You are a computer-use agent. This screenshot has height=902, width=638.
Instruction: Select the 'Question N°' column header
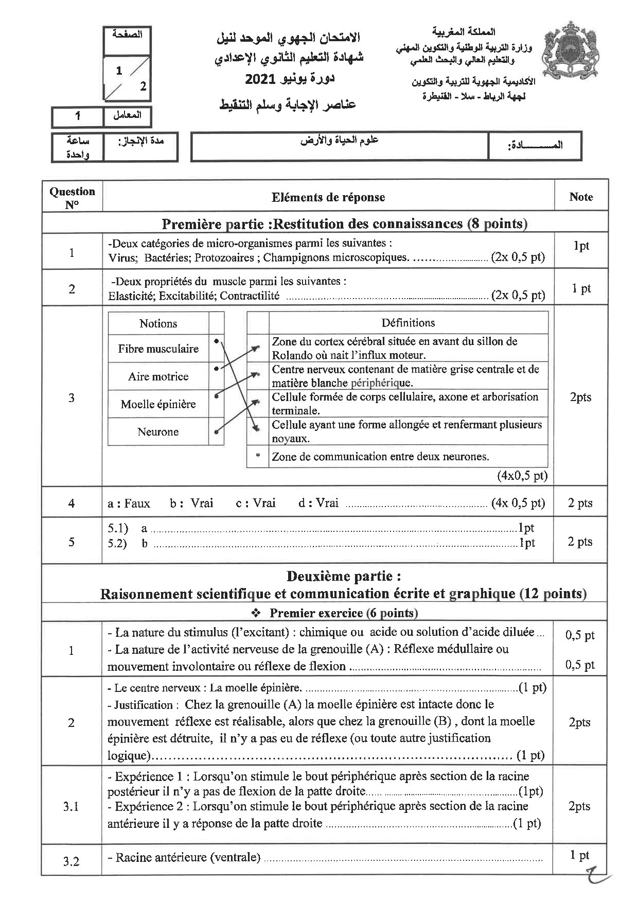[72, 197]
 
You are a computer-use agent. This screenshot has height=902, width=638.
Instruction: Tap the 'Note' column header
[581, 197]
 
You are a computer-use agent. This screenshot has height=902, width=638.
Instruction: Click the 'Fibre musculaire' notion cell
[158, 349]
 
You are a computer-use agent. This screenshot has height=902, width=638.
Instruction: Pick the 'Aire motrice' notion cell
[158, 376]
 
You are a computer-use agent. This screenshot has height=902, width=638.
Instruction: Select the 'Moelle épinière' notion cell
[158, 404]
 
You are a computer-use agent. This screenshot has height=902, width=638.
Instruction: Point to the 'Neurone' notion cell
[158, 432]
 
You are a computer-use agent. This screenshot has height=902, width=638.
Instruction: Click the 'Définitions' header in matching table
[408, 323]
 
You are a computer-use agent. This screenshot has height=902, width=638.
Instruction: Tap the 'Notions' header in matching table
[158, 323]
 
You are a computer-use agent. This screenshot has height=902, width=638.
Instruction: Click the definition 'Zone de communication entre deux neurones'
[380, 457]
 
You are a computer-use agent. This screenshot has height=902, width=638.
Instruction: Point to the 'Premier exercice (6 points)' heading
[343, 613]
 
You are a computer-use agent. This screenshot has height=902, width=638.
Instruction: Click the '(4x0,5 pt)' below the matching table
[522, 475]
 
